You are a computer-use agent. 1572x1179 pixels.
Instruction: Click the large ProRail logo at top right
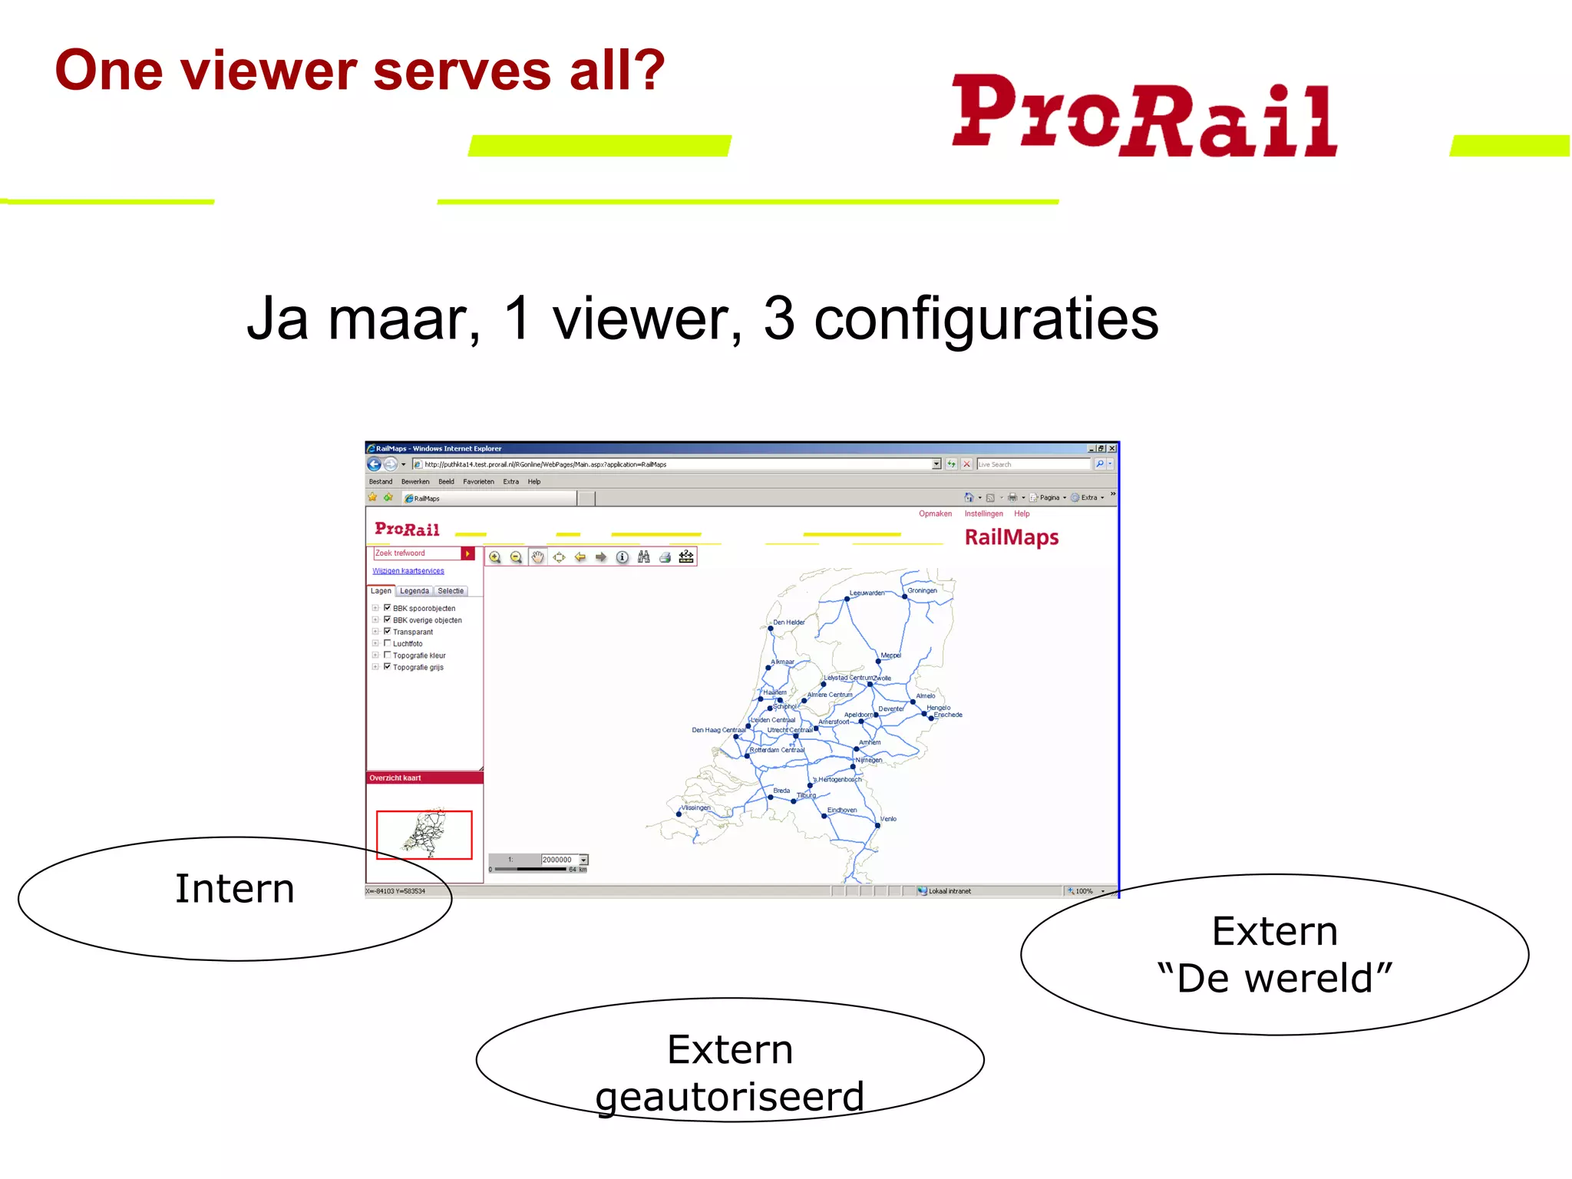tap(1144, 115)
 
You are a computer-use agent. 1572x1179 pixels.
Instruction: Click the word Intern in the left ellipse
tap(235, 889)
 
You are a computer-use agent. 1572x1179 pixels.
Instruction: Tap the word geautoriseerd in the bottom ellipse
tap(729, 1096)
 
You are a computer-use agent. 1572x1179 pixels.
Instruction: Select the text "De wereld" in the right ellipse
tap(1274, 978)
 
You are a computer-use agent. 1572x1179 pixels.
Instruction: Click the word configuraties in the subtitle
tap(986, 319)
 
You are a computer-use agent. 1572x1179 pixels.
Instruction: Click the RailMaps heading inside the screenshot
tap(1011, 537)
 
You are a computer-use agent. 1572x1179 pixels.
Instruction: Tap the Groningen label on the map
tap(922, 590)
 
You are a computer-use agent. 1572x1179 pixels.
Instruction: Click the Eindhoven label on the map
tap(841, 810)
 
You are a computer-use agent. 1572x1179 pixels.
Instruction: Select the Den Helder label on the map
tap(788, 623)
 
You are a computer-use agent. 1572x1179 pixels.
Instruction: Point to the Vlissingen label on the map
tap(695, 807)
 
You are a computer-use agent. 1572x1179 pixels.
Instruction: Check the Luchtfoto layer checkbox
tap(387, 643)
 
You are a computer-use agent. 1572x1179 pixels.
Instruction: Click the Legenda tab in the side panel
tap(414, 591)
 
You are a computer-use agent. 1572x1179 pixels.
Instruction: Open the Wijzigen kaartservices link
tap(408, 571)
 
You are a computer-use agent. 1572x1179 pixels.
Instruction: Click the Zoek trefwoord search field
tap(416, 553)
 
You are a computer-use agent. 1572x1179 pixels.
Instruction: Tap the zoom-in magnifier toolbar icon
tap(495, 557)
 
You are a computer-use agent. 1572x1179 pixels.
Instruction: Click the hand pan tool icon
tap(537, 557)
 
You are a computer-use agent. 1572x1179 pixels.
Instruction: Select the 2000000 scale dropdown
tap(563, 860)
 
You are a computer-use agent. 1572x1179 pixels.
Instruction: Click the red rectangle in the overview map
tap(424, 835)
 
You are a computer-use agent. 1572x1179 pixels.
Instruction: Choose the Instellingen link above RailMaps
tap(983, 514)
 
